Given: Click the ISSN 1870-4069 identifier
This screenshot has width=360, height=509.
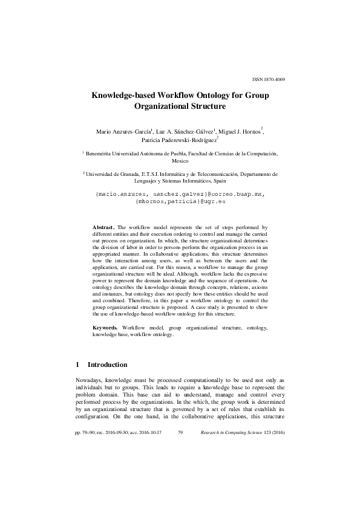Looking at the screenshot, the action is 268,79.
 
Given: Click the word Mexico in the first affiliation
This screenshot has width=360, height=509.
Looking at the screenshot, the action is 180,162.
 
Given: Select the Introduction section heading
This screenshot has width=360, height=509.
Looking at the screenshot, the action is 107,365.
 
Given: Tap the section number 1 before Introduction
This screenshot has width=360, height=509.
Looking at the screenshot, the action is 77,365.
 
